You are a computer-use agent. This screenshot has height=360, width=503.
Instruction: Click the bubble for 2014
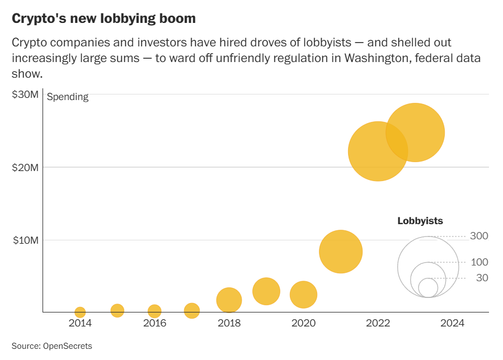tap(80, 312)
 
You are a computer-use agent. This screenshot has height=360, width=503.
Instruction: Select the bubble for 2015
tap(117, 310)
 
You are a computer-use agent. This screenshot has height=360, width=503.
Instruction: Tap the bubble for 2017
tap(192, 311)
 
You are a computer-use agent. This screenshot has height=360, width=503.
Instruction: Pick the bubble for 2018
tap(229, 300)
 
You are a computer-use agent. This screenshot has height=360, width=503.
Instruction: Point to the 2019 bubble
tap(266, 291)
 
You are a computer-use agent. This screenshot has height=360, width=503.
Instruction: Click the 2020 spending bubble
tap(303, 295)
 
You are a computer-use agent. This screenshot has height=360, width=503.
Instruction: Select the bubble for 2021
tap(341, 252)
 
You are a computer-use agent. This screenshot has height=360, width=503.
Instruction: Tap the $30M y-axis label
tap(25, 94)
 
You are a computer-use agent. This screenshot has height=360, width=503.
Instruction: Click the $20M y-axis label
tap(25, 167)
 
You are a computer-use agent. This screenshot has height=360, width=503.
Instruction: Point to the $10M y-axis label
tap(25, 240)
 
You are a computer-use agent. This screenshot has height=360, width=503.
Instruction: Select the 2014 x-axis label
tap(80, 323)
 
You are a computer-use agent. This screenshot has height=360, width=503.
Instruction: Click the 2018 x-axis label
tap(229, 323)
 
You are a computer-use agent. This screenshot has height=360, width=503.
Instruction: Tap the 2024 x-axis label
tap(452, 323)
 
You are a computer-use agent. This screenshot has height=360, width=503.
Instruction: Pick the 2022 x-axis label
tap(378, 323)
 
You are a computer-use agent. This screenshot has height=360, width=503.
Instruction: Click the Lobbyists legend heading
tap(420, 221)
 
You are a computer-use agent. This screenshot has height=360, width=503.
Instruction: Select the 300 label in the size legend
tap(479, 236)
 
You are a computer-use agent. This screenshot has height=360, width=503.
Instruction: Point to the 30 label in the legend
tap(482, 278)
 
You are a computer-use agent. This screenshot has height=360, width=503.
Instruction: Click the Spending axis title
tap(68, 97)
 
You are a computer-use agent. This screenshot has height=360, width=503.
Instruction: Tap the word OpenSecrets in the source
tap(68, 347)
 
